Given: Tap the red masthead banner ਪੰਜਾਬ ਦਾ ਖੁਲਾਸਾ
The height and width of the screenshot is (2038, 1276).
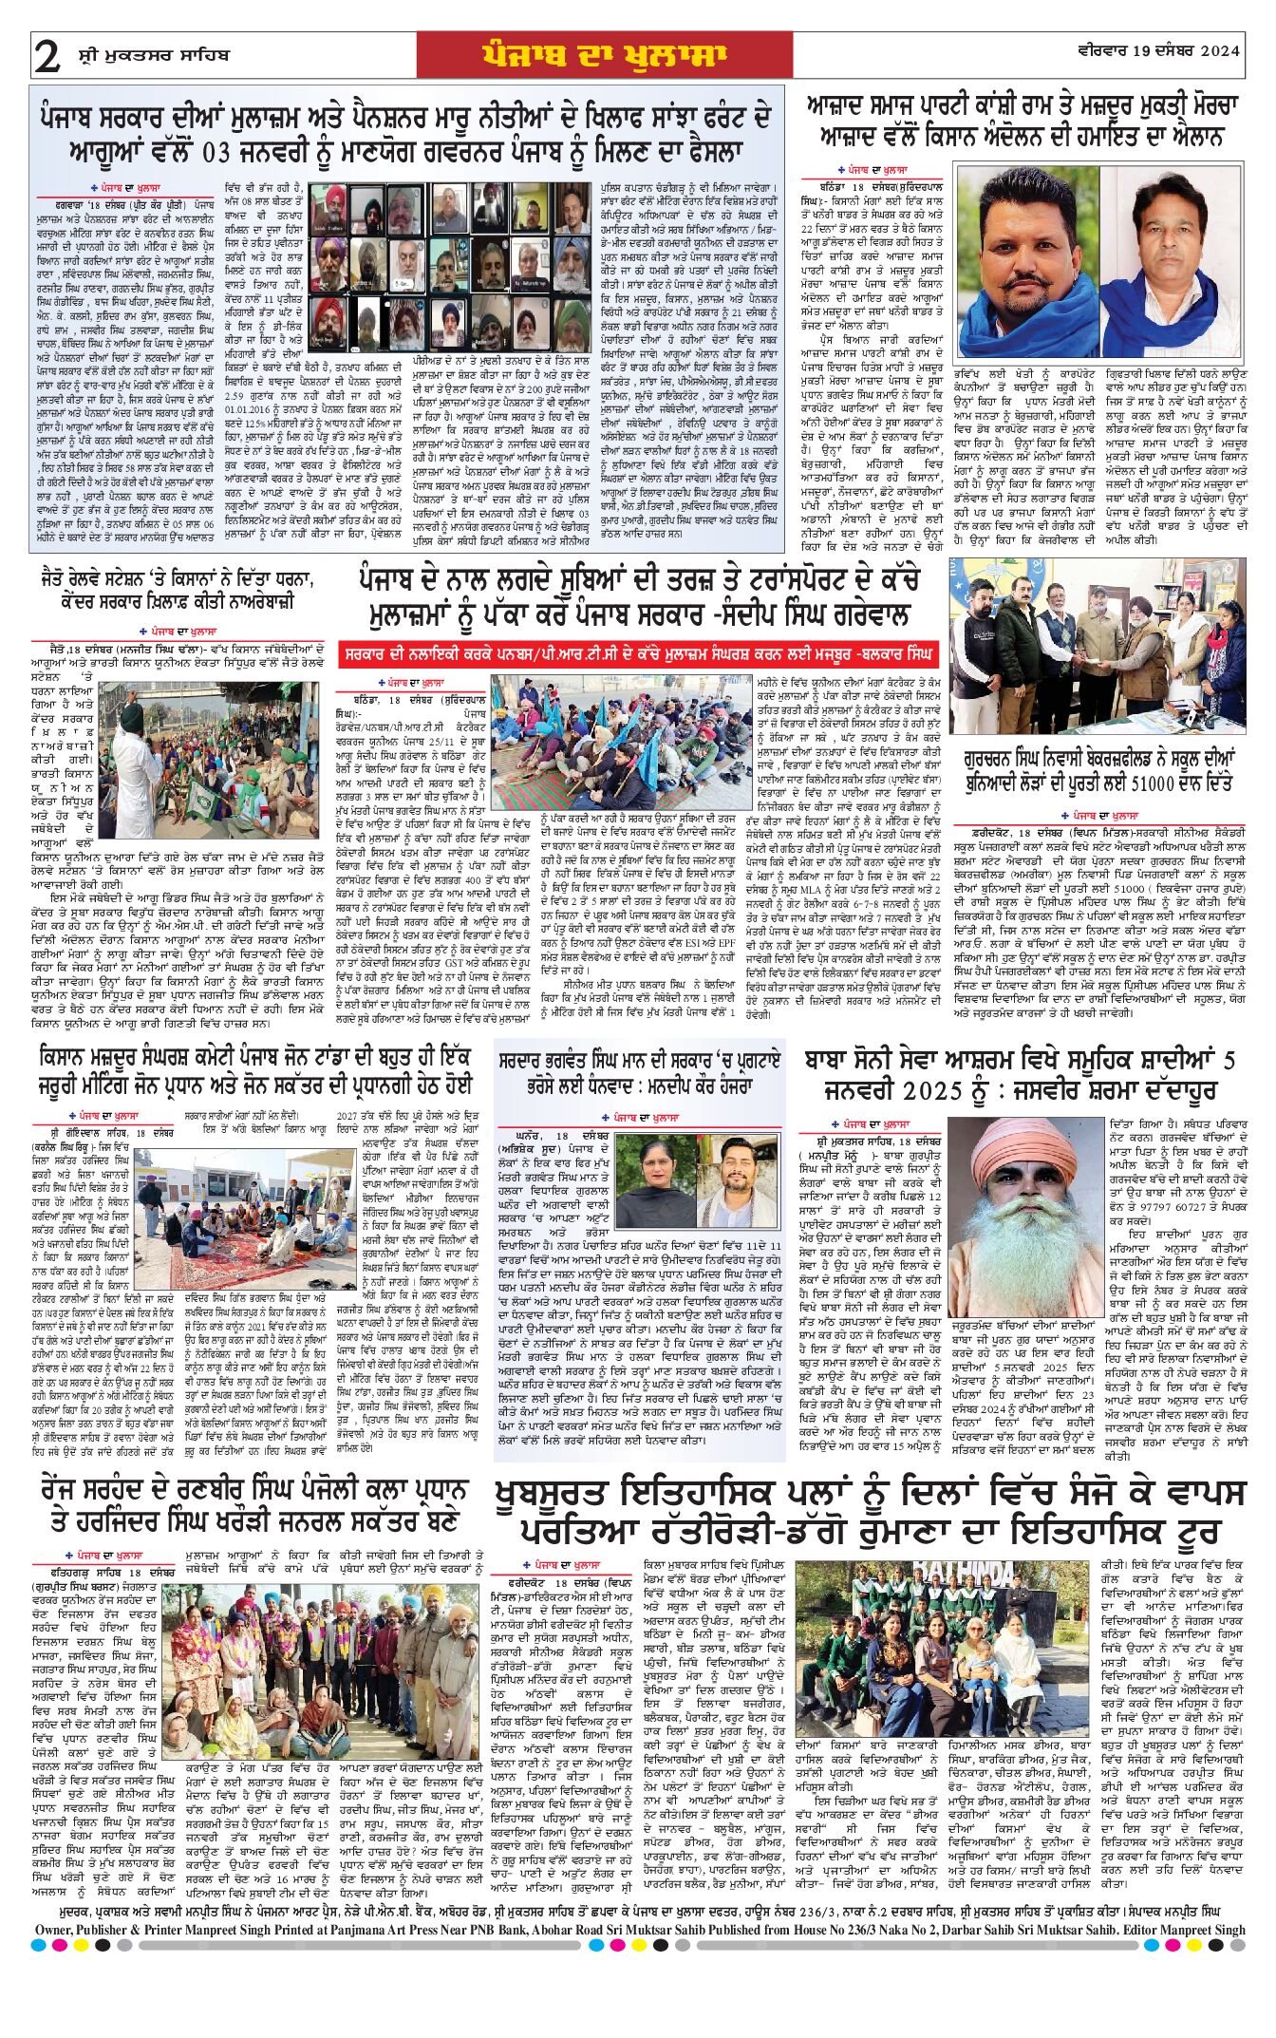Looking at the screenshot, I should pyautogui.click(x=604, y=55).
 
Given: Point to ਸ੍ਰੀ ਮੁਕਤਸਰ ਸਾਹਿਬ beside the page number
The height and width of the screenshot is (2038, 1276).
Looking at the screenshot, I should pyautogui.click(x=153, y=55).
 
